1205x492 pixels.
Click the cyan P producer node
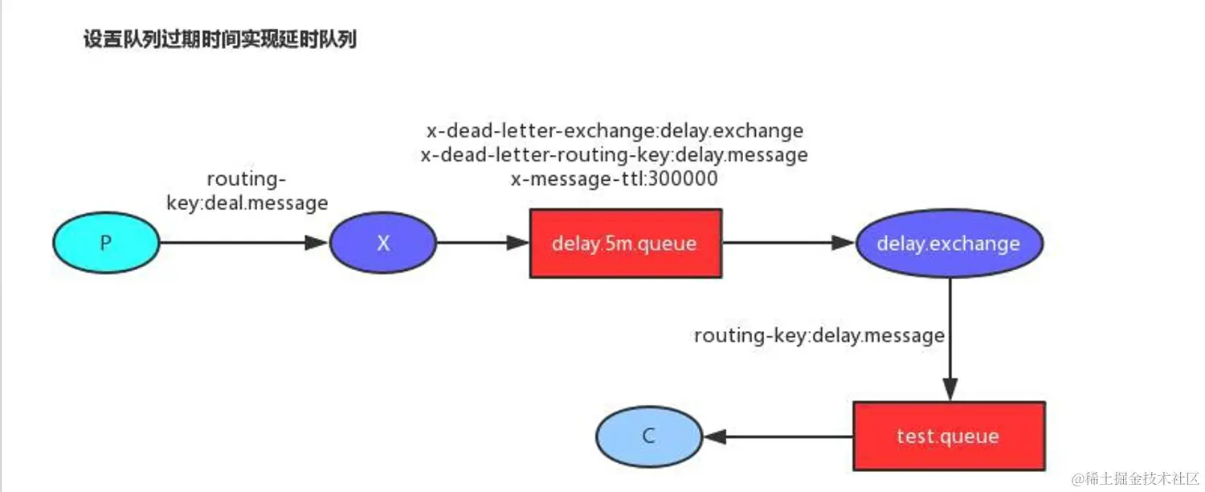[106, 244]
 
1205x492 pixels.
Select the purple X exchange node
[383, 244]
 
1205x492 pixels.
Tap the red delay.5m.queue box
[625, 244]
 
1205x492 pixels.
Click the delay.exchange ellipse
[949, 244]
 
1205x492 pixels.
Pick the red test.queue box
[949, 437]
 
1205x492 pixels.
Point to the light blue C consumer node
[649, 437]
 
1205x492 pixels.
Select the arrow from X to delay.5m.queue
[482, 243]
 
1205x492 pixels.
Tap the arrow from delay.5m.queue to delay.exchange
[787, 243]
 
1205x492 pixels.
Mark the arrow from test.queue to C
[779, 437]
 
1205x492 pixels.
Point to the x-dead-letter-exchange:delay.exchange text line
[615, 130]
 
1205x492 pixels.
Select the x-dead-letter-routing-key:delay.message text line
[615, 154]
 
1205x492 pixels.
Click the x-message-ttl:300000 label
[615, 178]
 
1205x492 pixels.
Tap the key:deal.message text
[247, 203]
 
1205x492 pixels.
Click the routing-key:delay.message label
[819, 334]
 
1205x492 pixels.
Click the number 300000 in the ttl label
[681, 178]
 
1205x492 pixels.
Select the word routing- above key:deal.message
[247, 178]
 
